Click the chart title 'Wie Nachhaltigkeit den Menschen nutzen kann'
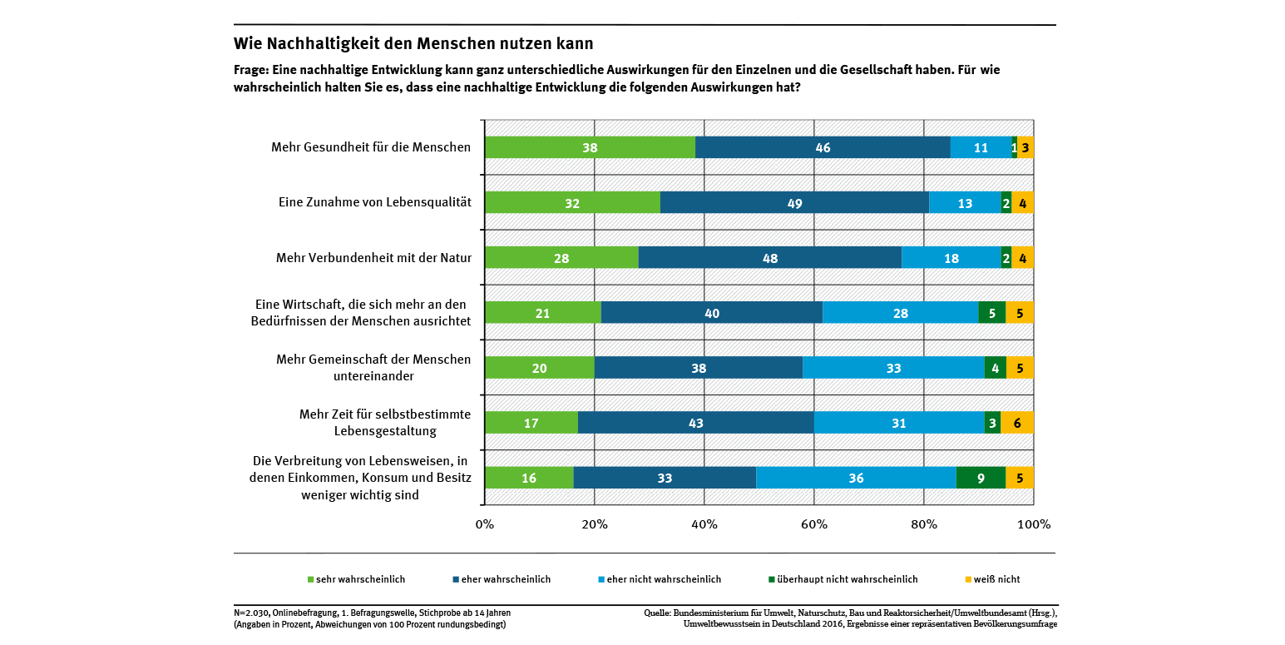(x=413, y=43)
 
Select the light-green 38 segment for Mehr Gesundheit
(x=590, y=147)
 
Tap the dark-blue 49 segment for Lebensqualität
(x=794, y=202)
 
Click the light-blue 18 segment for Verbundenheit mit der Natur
(x=951, y=257)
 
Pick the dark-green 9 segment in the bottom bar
(x=981, y=478)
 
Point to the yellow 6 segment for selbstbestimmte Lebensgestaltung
(x=1016, y=423)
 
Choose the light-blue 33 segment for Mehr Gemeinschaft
(x=893, y=367)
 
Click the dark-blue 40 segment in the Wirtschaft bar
(x=711, y=312)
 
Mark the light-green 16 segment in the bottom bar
(x=528, y=478)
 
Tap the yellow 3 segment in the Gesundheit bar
(x=1026, y=147)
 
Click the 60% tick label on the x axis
(x=813, y=524)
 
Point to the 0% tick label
(x=484, y=524)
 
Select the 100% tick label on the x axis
(x=1034, y=524)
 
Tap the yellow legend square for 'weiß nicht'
(x=967, y=579)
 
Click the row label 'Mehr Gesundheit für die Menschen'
(x=371, y=147)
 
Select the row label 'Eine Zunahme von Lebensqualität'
(x=374, y=202)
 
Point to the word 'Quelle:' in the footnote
(x=658, y=613)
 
